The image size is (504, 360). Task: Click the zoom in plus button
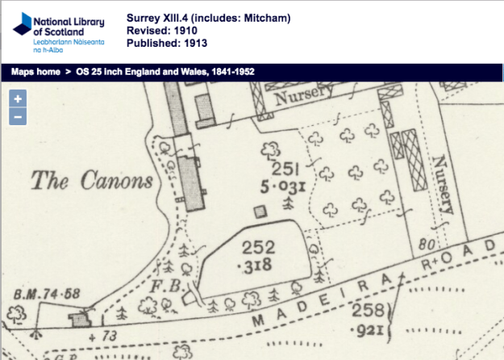[18, 98]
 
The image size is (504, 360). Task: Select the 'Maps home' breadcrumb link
[35, 72]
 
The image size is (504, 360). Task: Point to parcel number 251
[285, 169]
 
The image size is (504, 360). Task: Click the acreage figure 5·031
[281, 188]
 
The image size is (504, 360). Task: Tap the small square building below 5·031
[260, 211]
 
